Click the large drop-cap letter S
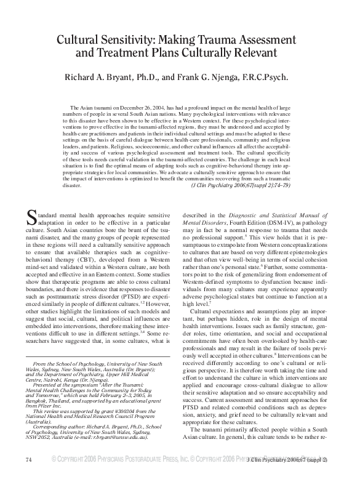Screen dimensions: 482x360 (x=33, y=217)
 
